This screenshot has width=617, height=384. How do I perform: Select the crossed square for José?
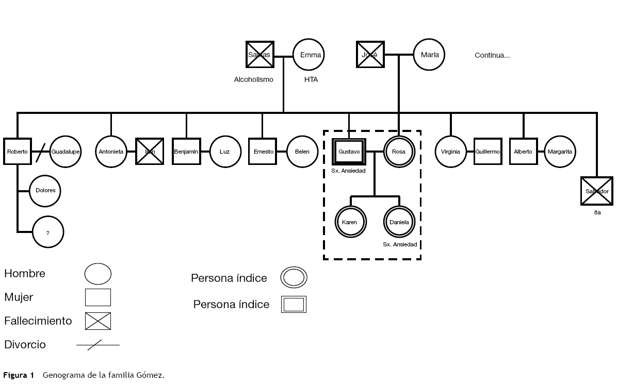tap(370, 55)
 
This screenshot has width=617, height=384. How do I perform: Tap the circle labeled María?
tap(429, 55)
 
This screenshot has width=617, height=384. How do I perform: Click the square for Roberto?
tap(17, 152)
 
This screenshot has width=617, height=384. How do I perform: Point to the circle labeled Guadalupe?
tap(66, 152)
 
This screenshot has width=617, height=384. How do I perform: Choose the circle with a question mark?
tap(48, 232)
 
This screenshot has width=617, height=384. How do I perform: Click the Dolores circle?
tap(45, 190)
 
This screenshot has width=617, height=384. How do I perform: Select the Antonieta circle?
tap(111, 152)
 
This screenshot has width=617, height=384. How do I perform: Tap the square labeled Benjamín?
tap(186, 152)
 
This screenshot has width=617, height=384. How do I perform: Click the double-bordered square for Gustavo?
tap(349, 152)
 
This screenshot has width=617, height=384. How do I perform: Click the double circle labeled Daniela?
tap(399, 222)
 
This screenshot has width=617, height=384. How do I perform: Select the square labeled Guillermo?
tap(488, 152)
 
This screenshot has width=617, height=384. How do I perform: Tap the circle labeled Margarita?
tap(560, 152)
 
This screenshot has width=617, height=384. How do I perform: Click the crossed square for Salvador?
tap(597, 191)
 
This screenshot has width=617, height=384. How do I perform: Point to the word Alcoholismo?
tap(253, 79)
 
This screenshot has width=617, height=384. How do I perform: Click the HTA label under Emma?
tap(311, 79)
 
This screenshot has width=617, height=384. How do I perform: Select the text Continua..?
tap(492, 55)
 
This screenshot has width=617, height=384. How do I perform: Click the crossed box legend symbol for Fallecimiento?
tap(98, 321)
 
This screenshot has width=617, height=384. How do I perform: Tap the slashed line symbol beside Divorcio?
tap(98, 345)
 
